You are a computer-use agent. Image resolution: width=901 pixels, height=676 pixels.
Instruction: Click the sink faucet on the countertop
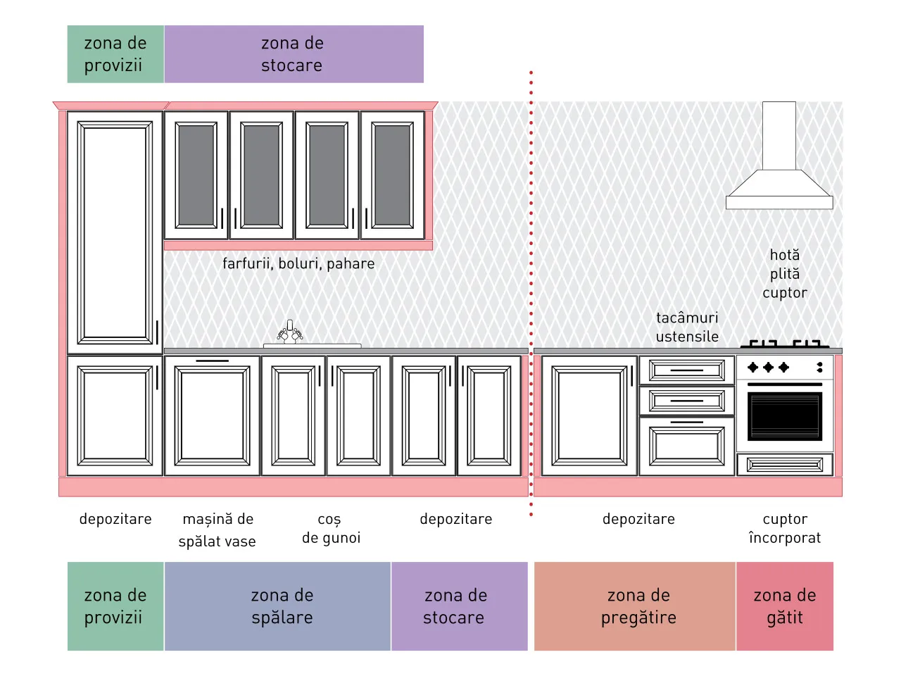coord(290,332)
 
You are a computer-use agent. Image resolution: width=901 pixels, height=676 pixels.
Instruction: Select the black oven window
coord(784,416)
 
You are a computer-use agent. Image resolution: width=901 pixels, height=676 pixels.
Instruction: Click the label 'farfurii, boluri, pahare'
coord(298,263)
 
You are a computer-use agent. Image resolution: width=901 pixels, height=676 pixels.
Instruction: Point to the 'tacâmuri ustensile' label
coord(687,327)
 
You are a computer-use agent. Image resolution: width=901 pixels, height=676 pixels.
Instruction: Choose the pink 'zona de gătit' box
coord(785,606)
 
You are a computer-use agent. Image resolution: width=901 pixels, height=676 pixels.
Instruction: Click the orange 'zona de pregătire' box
coord(635,606)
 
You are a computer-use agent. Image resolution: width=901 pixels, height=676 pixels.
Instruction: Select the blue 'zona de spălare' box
coord(277,606)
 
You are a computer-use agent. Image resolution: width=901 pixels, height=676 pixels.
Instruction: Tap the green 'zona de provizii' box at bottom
coord(115,606)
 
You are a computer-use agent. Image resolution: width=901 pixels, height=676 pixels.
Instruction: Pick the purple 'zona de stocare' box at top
coord(294,54)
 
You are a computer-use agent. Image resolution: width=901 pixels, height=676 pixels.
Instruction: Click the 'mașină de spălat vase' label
coord(218,530)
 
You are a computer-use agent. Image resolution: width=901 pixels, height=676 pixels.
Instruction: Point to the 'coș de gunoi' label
coord(331,529)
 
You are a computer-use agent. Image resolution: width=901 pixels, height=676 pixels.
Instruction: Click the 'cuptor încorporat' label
coord(785,528)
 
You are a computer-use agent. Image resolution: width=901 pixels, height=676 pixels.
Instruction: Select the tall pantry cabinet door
coord(115,232)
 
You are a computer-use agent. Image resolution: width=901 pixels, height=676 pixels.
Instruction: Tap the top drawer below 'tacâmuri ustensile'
coord(687,370)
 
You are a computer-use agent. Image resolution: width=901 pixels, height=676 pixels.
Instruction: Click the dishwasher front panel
coord(212,415)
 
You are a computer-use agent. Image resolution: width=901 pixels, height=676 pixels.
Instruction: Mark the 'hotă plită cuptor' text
coord(784,274)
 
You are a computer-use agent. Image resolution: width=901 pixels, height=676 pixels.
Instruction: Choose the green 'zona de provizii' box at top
coord(115,54)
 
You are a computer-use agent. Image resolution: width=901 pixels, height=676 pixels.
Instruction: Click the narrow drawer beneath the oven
coord(785,465)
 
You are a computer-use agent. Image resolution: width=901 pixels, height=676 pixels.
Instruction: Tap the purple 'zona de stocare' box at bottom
coord(460,606)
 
